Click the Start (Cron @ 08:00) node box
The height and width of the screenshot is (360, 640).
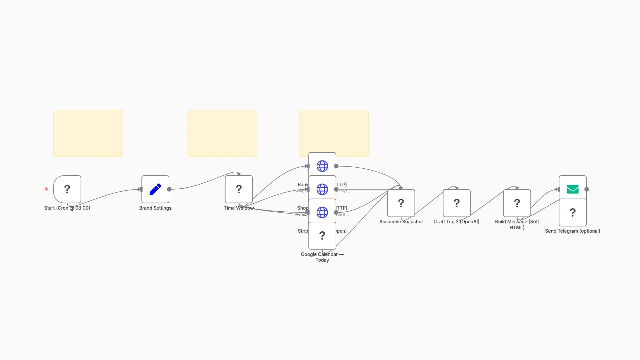pyautogui.click(x=67, y=189)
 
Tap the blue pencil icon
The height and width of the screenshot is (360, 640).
pyautogui.click(x=155, y=189)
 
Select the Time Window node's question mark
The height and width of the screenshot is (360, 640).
pyautogui.click(x=239, y=189)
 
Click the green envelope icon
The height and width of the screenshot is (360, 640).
pyautogui.click(x=572, y=189)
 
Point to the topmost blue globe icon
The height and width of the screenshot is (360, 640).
pyautogui.click(x=322, y=166)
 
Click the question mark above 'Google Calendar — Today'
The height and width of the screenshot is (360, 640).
pyautogui.click(x=322, y=235)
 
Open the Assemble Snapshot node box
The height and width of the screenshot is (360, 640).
pyautogui.click(x=401, y=203)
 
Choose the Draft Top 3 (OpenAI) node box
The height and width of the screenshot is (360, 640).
pyautogui.click(x=457, y=203)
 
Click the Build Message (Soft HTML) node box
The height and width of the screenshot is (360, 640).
pyautogui.click(x=517, y=203)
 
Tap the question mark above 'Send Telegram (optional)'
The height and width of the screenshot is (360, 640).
pyautogui.click(x=572, y=212)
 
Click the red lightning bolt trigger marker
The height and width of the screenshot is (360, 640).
pyautogui.click(x=46, y=189)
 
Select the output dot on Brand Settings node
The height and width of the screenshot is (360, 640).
pyautogui.click(x=169, y=189)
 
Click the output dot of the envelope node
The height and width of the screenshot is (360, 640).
pyautogui.click(x=587, y=189)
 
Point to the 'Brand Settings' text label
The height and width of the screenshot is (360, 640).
pyautogui.click(x=155, y=208)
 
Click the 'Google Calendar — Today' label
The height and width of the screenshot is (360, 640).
pyautogui.click(x=322, y=257)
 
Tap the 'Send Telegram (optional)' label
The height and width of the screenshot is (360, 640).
pyautogui.click(x=572, y=231)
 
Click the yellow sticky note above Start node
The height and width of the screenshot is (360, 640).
pyautogui.click(x=88, y=133)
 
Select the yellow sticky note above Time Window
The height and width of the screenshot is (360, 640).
pyautogui.click(x=222, y=133)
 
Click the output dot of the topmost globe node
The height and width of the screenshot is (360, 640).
pyautogui.click(x=336, y=166)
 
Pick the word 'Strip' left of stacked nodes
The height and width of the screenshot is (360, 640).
pyautogui.click(x=303, y=231)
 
